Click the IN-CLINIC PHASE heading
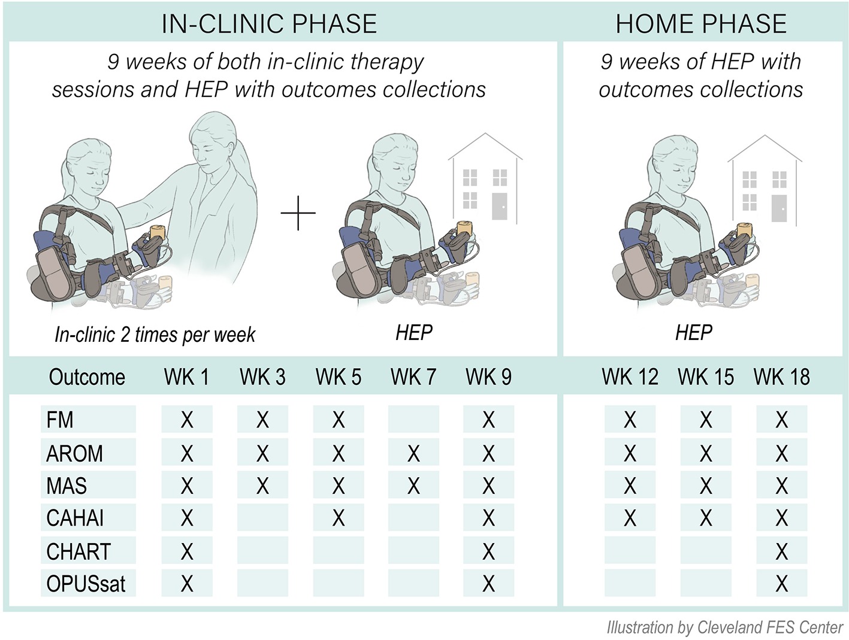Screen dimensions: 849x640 [x=269, y=24]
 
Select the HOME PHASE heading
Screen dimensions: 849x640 [x=701, y=24]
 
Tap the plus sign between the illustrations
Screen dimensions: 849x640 [x=298, y=213]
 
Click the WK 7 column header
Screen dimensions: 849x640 [x=413, y=377]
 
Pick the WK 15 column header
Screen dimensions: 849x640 [x=706, y=377]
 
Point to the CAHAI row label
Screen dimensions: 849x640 [x=75, y=518]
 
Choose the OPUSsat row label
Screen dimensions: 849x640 [x=86, y=584]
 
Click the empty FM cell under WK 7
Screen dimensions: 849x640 [x=413, y=420]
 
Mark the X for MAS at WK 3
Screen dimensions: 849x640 [x=262, y=486]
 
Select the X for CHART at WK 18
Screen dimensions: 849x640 [x=781, y=551]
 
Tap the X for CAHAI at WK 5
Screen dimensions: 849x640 [x=339, y=518]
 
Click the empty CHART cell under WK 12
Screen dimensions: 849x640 [x=630, y=551]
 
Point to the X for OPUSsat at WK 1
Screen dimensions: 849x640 [x=187, y=584]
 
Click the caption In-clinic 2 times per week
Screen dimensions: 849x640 [x=155, y=335]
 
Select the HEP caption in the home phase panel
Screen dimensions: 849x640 [x=694, y=333]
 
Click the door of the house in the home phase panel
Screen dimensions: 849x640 [x=779, y=208]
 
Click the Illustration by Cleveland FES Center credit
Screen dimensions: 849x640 [x=725, y=627]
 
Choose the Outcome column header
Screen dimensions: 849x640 [x=87, y=377]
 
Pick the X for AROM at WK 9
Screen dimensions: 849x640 [x=489, y=454]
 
